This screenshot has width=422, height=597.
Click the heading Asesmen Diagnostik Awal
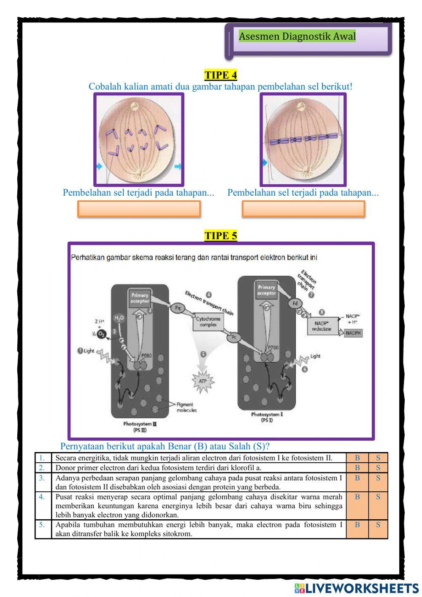click(297, 36)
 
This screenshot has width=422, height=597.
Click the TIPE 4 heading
click(221, 75)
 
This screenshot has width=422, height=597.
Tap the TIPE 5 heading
click(221, 236)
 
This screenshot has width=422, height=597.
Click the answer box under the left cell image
click(139, 209)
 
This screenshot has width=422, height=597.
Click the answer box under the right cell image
click(303, 209)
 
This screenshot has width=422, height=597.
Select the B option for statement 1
click(357, 458)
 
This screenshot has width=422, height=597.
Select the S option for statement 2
click(378, 468)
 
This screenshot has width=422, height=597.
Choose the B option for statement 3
click(357, 478)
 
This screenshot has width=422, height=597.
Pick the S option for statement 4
click(378, 497)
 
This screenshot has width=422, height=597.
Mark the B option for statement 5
click(357, 525)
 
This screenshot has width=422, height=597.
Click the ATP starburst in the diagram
click(203, 381)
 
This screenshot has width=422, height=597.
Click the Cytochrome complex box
click(208, 322)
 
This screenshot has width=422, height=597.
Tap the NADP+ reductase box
click(322, 326)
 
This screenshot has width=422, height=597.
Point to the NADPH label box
click(353, 333)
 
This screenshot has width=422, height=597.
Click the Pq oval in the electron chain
click(178, 308)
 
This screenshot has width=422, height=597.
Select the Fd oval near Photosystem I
click(295, 303)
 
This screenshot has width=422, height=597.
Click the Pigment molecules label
click(186, 407)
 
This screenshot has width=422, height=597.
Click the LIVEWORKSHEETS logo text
click(361, 588)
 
